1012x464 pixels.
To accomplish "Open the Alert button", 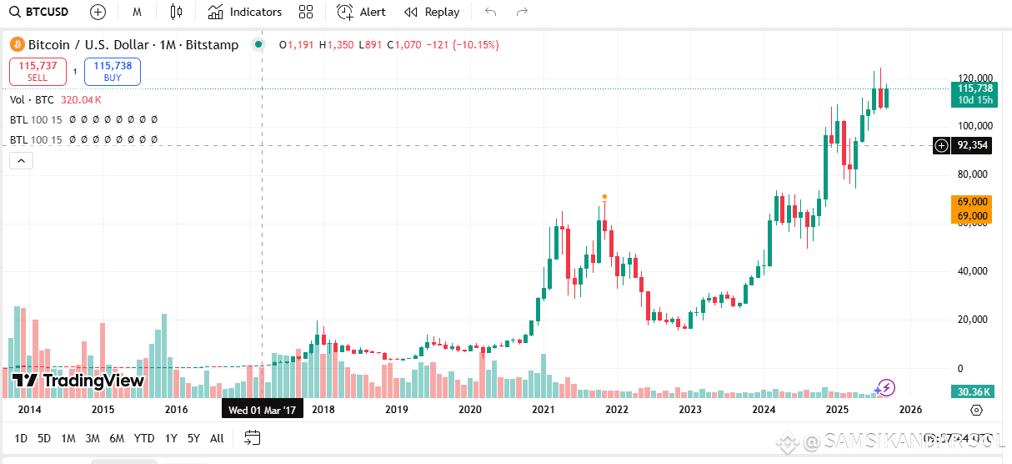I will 361,12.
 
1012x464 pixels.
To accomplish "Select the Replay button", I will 432,12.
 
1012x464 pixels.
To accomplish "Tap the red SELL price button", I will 38,71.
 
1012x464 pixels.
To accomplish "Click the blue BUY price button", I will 113,71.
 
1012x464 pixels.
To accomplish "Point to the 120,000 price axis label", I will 973,77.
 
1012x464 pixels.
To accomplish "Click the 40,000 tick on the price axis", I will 973,271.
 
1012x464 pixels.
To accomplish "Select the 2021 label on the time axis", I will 544,410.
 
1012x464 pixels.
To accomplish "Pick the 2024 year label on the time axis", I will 764,410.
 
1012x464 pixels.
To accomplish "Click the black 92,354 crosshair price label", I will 973,145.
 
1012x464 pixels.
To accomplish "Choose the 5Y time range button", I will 193,438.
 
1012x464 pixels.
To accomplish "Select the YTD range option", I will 144,438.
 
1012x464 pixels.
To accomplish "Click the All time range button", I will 217,438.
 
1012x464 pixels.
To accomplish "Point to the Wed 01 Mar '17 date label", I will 263,410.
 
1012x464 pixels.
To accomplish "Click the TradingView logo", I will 78,381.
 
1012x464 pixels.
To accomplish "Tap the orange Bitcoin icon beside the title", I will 16,45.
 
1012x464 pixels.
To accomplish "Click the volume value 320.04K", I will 81,99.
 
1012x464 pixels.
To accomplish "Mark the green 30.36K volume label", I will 972,392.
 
